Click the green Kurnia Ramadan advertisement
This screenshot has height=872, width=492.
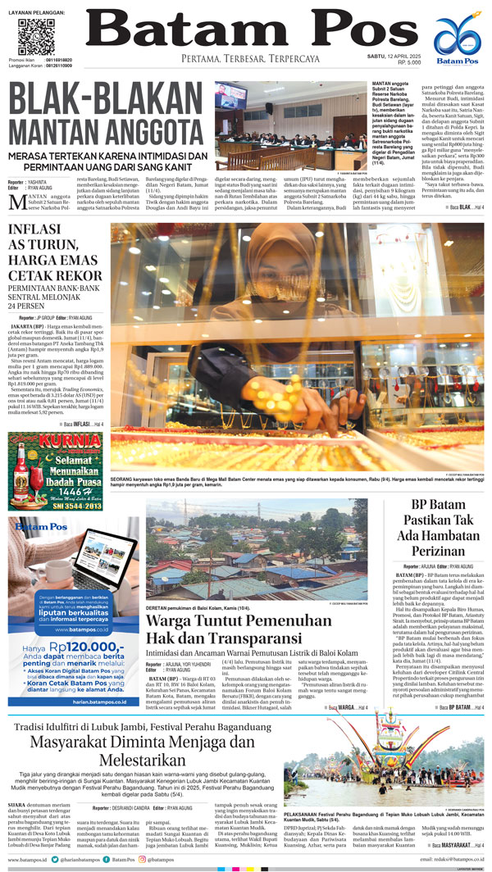tap(55, 471)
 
